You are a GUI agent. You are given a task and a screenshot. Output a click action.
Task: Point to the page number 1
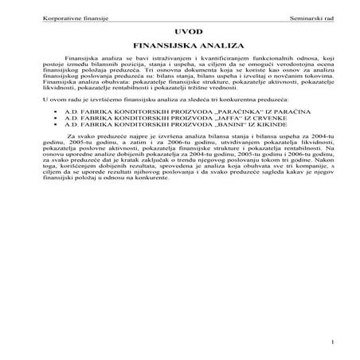tap(331, 343)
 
